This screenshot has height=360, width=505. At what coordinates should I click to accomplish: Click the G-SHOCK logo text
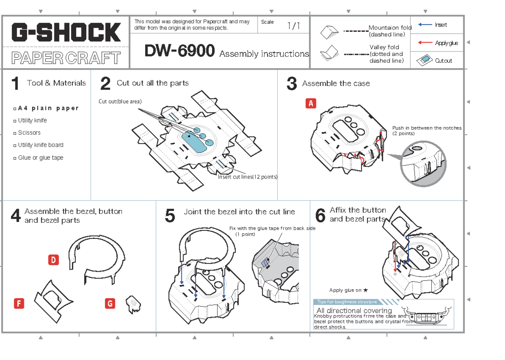66,32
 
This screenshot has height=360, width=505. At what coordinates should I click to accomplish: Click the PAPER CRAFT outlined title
66,58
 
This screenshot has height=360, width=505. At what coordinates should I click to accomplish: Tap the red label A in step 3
311,104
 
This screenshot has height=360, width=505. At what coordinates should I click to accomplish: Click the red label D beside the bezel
53,260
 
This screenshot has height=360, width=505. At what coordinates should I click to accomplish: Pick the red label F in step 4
19,304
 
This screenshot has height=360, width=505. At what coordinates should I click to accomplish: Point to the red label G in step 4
110,304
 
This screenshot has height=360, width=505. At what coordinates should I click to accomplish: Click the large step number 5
170,216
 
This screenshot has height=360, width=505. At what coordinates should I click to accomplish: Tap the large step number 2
105,84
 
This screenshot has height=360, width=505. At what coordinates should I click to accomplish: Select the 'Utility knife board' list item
40,145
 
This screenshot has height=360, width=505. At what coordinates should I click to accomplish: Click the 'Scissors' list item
29,133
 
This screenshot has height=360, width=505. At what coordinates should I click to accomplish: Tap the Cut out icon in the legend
425,60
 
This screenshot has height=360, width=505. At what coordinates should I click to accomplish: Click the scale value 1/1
293,26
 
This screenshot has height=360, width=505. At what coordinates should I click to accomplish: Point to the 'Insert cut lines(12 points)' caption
247,177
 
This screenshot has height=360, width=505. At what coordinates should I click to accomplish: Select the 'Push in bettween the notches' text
426,128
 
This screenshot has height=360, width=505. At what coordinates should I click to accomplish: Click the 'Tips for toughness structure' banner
348,302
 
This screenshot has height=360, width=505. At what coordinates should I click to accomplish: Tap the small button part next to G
133,305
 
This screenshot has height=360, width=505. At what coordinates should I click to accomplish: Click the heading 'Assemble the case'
336,84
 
